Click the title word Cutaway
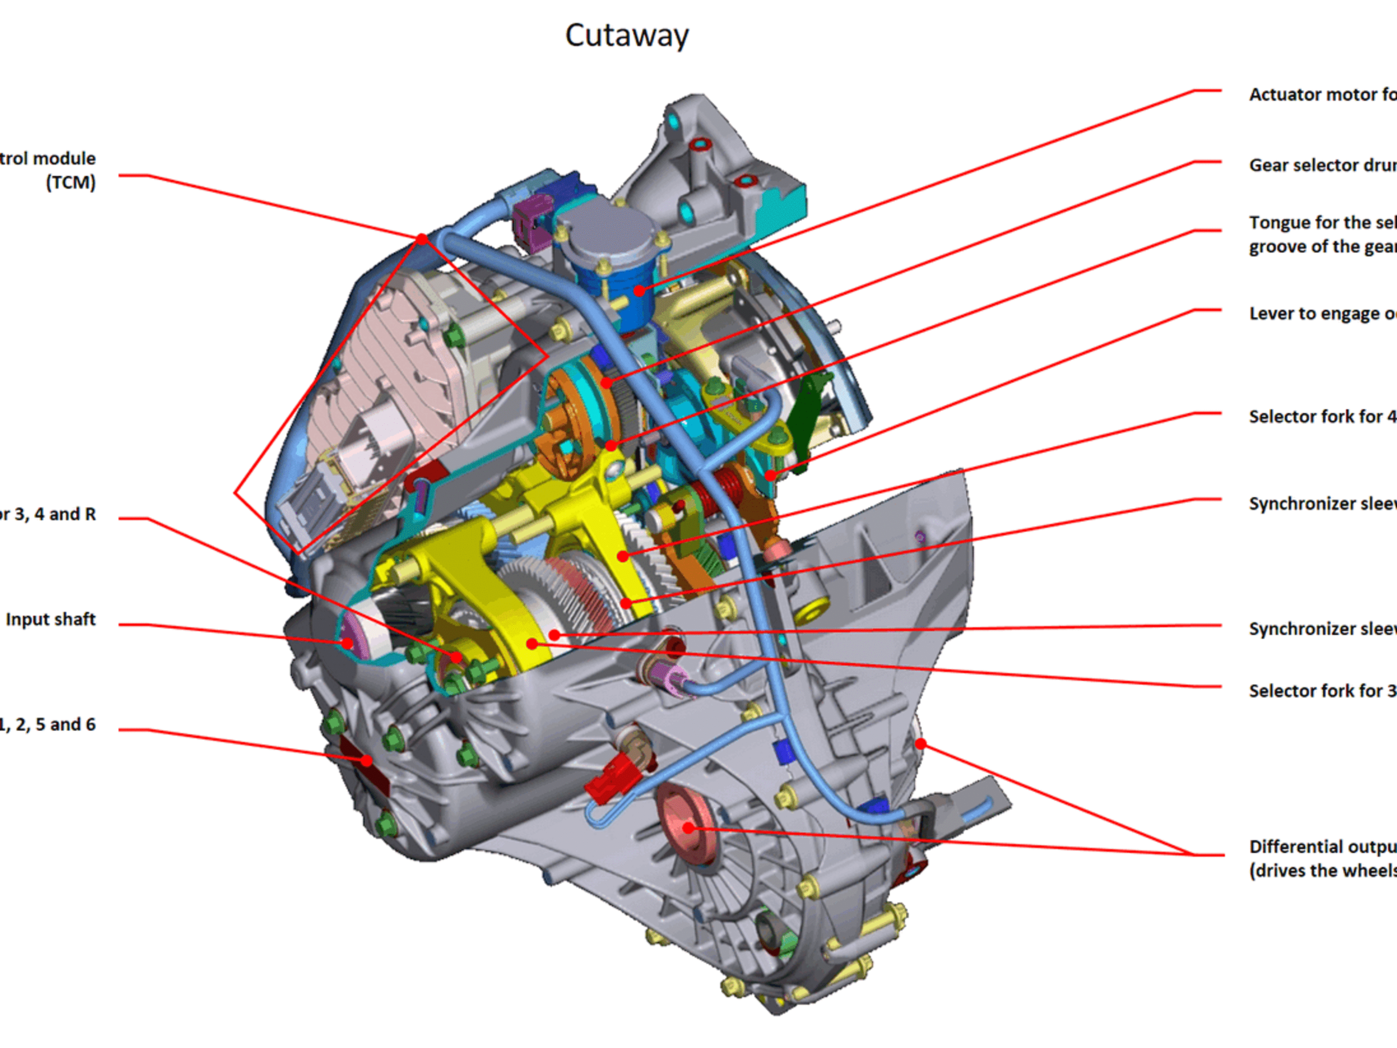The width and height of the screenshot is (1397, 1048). [x=626, y=35]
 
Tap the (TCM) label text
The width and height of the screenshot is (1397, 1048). [x=71, y=183]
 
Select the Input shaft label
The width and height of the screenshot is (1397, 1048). [x=51, y=619]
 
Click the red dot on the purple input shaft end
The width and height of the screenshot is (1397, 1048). [x=347, y=643]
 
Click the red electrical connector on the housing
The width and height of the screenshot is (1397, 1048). [x=609, y=777]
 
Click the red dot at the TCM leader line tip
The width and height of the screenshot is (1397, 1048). [x=421, y=239]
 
